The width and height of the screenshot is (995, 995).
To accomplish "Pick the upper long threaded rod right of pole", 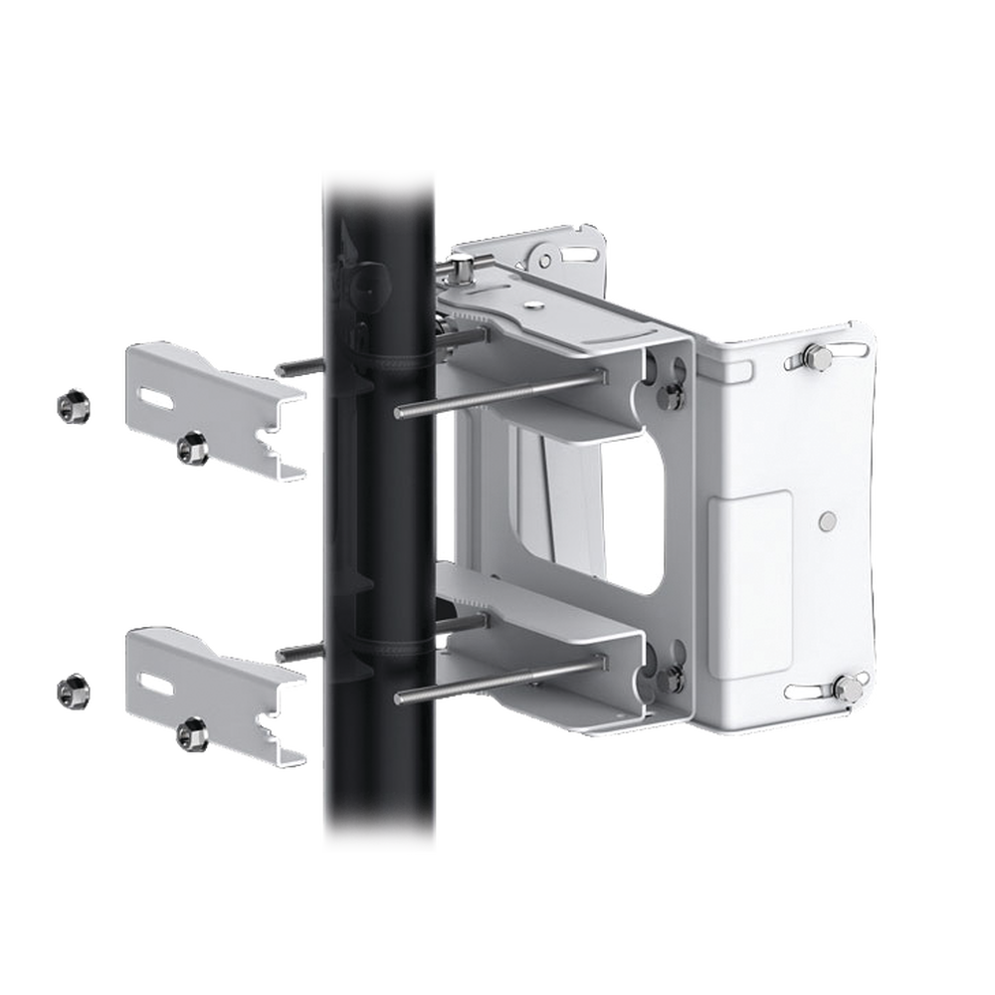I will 497,393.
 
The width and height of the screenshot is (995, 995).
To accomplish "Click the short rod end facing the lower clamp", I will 298,651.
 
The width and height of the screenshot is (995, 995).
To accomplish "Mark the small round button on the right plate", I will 827,519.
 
